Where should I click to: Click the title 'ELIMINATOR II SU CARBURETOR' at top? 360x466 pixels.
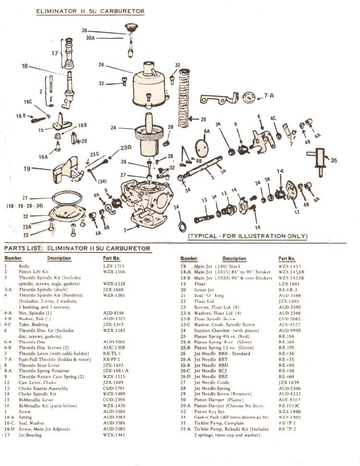pyautogui.click(x=90, y=11)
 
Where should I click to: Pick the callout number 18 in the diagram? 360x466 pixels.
pyautogui.click(x=24, y=66)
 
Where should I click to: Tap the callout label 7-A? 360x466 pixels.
pyautogui.click(x=269, y=96)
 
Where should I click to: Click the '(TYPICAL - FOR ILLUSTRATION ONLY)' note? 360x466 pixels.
pyautogui.click(x=247, y=236)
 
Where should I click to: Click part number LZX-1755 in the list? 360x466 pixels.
pyautogui.click(x=113, y=266)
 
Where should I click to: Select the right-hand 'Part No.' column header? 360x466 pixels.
pyautogui.click(x=287, y=259)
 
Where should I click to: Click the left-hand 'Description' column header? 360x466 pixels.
pyautogui.click(x=59, y=258)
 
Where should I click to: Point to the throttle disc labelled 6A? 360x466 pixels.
pyautogui.click(x=203, y=146)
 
